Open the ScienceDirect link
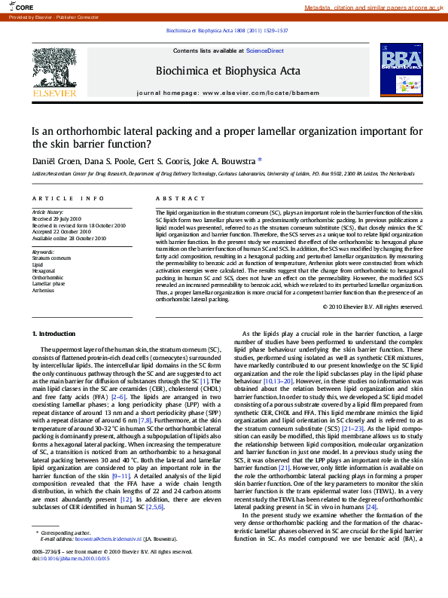point(264,50)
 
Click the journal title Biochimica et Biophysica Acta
point(227,71)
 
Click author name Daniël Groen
point(54,160)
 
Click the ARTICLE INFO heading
point(68,198)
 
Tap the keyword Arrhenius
point(43,290)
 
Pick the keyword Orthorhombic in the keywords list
point(48,277)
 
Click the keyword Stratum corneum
point(52,258)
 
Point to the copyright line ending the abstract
point(373,307)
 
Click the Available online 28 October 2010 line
point(69,238)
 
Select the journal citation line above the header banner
point(225,31)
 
